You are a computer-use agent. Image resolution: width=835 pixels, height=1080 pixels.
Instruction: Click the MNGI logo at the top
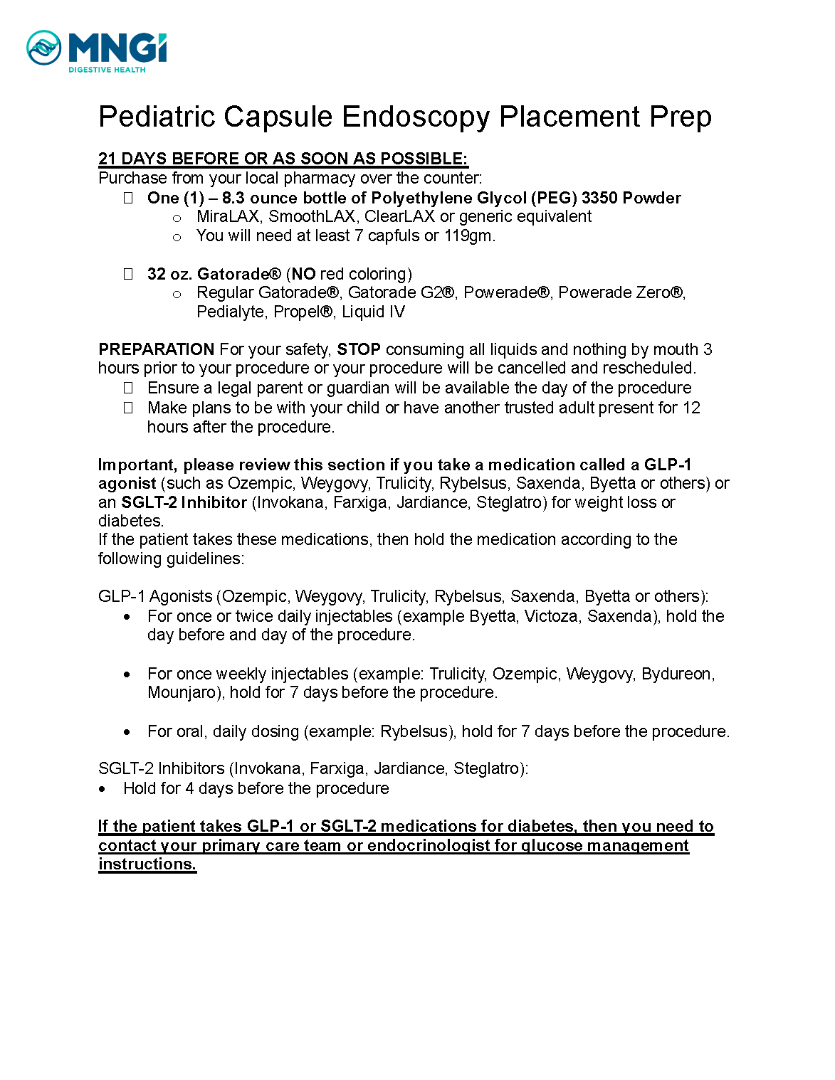(x=96, y=51)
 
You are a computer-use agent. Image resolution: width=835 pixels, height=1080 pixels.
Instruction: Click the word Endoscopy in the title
(x=415, y=117)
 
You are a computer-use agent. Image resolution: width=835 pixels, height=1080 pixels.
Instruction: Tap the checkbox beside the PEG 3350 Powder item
(x=128, y=198)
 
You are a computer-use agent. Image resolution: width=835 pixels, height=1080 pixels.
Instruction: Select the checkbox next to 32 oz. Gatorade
(x=128, y=274)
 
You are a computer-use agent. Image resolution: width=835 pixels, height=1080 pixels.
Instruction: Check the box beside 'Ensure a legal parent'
(x=128, y=388)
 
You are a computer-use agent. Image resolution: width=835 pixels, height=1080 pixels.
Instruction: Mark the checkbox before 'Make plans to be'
(x=128, y=408)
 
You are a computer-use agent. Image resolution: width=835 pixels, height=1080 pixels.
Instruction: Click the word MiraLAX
(x=227, y=216)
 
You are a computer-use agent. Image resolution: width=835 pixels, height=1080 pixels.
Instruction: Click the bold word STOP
(x=358, y=349)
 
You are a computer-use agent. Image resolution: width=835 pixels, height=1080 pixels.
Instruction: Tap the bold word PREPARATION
(x=156, y=349)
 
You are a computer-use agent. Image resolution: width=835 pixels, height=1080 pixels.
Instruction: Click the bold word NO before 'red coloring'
(x=303, y=274)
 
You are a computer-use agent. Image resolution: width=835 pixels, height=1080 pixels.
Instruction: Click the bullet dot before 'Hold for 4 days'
(x=103, y=789)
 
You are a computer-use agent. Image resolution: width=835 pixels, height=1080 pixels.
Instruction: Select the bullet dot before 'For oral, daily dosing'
(x=127, y=732)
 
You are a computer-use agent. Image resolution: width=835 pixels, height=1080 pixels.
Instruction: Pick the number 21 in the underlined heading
(x=107, y=159)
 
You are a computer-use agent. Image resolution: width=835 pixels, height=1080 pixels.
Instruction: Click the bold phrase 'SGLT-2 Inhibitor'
(x=184, y=502)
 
